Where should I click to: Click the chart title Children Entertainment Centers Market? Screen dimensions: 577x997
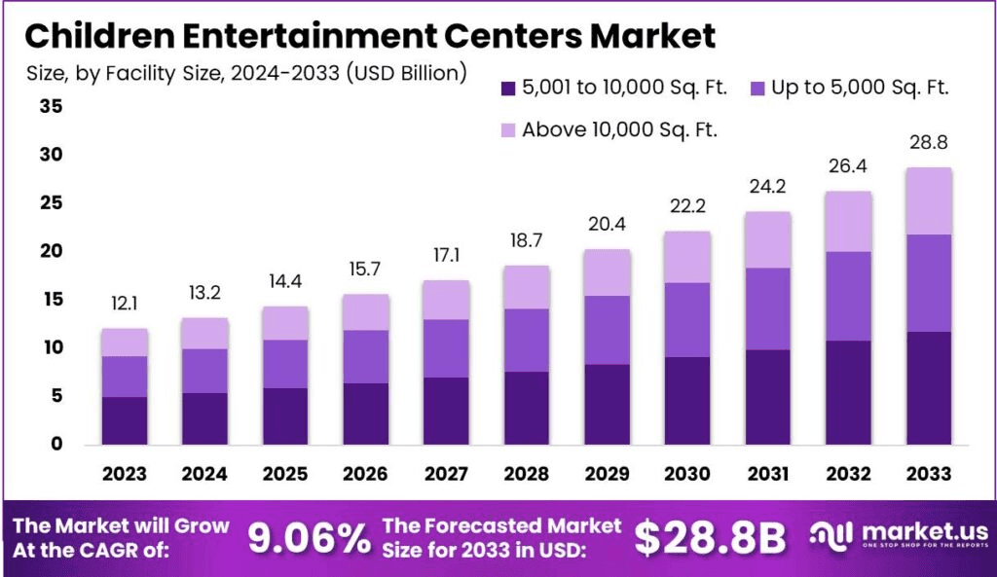(370, 35)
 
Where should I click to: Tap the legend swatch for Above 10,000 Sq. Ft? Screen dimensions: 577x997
(506, 129)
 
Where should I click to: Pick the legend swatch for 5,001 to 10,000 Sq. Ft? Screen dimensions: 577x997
(506, 88)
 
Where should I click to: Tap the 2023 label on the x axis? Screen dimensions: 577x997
(125, 474)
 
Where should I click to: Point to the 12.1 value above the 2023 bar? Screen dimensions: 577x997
(125, 305)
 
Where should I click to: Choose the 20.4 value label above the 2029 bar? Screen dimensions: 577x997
(608, 225)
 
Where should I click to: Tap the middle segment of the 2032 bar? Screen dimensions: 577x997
(847, 296)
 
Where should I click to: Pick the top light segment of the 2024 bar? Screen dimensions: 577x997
(204, 333)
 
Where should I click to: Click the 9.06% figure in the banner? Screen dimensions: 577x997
(309, 538)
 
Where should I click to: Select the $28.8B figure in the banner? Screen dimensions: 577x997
(710, 538)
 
